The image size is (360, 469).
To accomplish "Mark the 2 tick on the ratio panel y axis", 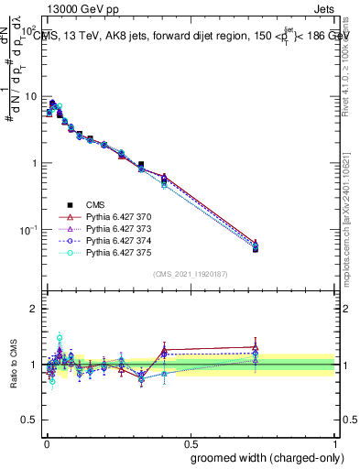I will [x=35, y=310].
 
